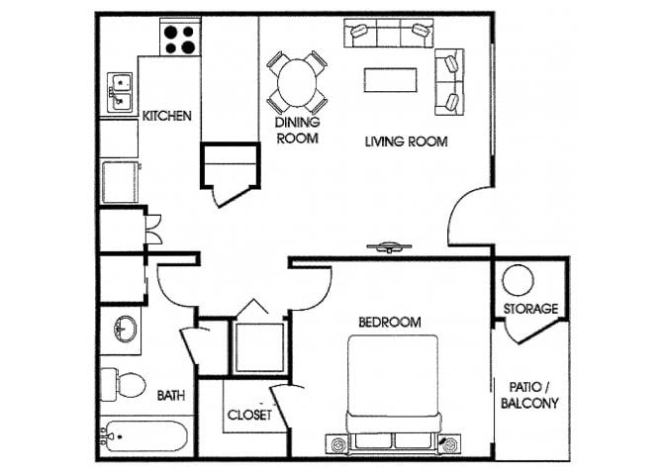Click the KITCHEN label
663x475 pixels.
click(x=166, y=116)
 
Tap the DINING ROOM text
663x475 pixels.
click(x=298, y=131)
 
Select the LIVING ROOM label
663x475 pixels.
click(x=406, y=142)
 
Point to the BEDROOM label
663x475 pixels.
click(x=390, y=323)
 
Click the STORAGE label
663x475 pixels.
click(x=530, y=309)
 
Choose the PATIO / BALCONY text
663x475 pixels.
click(x=529, y=395)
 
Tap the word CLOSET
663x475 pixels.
click(x=249, y=415)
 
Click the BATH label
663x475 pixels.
click(x=171, y=396)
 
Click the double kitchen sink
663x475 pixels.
click(x=120, y=92)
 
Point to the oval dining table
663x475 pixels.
click(x=297, y=83)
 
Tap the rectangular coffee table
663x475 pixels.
click(x=390, y=80)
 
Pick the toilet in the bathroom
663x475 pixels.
click(x=123, y=385)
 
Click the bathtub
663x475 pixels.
click(x=143, y=436)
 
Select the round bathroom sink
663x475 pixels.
click(x=125, y=330)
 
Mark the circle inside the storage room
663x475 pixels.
click(x=518, y=280)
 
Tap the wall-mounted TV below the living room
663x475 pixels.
click(x=389, y=247)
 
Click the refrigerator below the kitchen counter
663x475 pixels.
click(x=121, y=182)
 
